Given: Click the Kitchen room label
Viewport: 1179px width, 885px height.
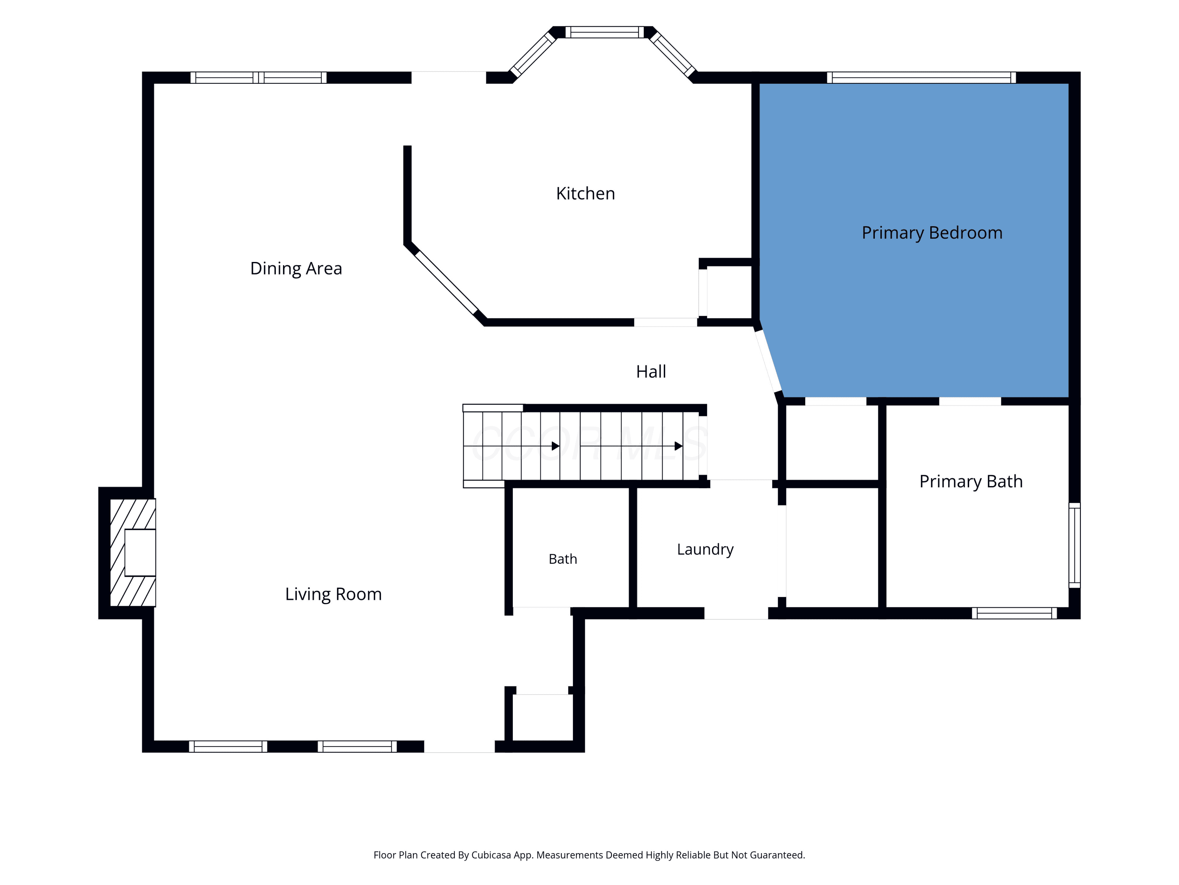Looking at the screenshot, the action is [x=585, y=193].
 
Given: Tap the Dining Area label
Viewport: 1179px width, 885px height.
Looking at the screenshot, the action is [x=296, y=268].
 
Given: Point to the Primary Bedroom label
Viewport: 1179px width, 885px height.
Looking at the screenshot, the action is [x=932, y=233].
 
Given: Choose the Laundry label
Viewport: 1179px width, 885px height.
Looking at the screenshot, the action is [x=705, y=549].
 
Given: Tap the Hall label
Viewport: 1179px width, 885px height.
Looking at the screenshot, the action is [x=651, y=372].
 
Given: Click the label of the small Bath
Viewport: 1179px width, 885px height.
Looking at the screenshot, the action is [x=563, y=559].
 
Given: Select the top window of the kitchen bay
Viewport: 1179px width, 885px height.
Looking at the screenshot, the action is [x=604, y=32].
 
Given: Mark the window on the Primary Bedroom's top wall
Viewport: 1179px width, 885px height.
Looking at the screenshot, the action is [x=921, y=78].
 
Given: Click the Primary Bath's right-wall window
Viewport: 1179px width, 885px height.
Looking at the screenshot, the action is [x=1074, y=545].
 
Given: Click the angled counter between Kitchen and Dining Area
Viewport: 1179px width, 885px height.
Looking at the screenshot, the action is [x=447, y=283].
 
